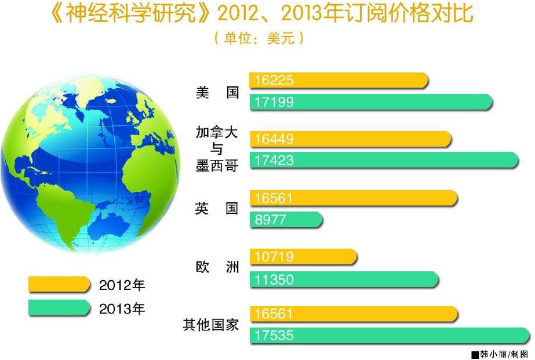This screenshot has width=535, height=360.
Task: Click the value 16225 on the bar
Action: [x=274, y=80]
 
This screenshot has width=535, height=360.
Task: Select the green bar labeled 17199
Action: [x=371, y=102]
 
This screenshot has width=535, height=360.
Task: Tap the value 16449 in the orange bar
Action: [x=274, y=139]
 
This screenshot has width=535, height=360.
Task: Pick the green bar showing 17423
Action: [x=384, y=161]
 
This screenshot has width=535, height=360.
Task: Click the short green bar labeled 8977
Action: [x=286, y=219]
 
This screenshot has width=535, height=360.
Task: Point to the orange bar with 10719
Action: [x=303, y=257]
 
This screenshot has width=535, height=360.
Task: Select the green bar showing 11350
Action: [x=344, y=280]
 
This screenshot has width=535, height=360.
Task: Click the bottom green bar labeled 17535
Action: [x=390, y=336]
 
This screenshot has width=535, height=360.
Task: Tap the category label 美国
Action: [x=217, y=93]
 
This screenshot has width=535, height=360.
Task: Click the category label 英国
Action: [x=217, y=208]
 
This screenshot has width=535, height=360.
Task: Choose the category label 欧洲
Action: [x=217, y=267]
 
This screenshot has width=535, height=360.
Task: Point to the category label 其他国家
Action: [x=210, y=325]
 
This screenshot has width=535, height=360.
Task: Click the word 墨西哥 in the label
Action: [x=217, y=166]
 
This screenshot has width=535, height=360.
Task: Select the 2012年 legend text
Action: [x=122, y=285]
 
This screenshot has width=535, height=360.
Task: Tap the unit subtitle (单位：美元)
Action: [x=259, y=38]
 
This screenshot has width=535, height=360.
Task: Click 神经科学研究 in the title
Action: [x=130, y=13]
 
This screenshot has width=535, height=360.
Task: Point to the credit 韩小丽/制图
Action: [x=504, y=354]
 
